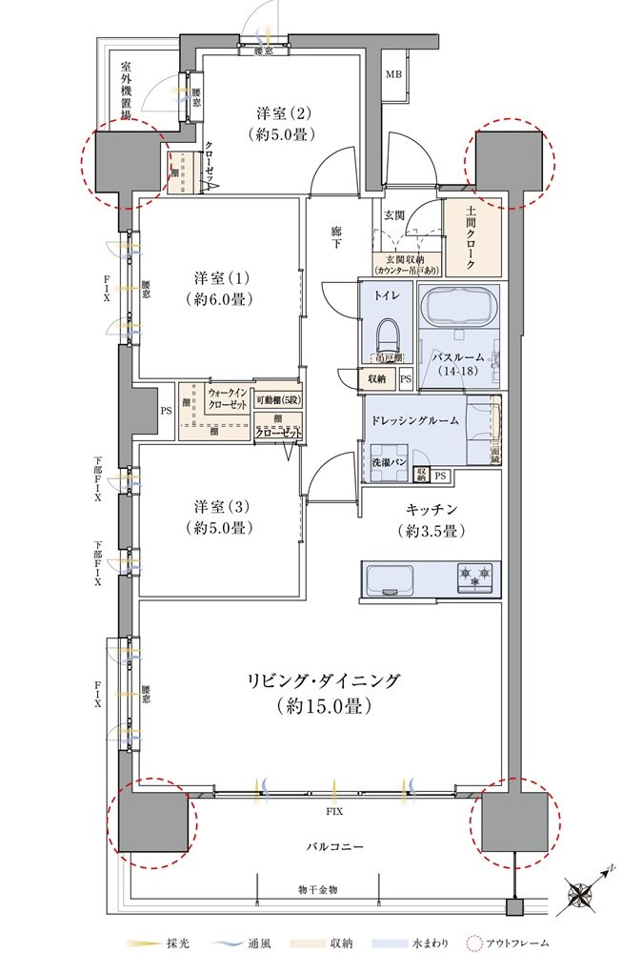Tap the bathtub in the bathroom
pyautogui.click(x=460, y=307)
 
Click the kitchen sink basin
pyautogui.click(x=388, y=578)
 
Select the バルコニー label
pyautogui.click(x=333, y=845)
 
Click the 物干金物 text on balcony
pyautogui.click(x=319, y=888)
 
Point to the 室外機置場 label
pyautogui.click(x=126, y=91)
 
